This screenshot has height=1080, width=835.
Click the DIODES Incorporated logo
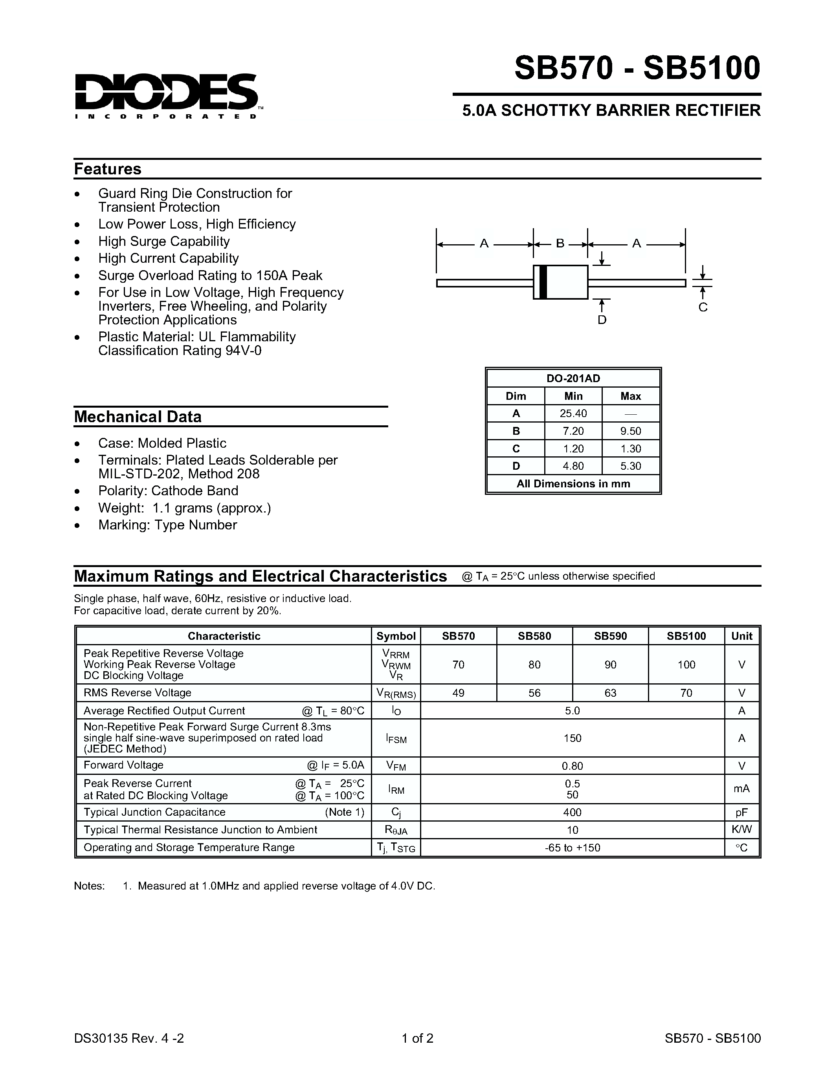tap(166, 95)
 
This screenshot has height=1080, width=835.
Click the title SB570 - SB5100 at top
tap(637, 68)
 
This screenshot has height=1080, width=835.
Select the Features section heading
tap(108, 169)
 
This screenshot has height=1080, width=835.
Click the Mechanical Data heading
tap(138, 417)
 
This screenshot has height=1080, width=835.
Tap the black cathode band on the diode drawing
tap(543, 282)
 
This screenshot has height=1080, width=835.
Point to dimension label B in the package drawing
tap(560, 243)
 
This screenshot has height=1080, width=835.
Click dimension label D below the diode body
tap(602, 320)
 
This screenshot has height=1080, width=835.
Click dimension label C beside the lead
tap(703, 307)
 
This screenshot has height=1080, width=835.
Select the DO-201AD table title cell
tap(573, 378)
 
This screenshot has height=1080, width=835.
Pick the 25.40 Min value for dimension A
tap(573, 414)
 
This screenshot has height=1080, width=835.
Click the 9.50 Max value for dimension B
tap(631, 431)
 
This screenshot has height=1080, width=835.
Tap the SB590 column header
tap(610, 636)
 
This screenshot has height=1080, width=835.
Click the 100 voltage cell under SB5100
tap(686, 664)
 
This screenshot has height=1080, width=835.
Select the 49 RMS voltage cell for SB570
tap(458, 693)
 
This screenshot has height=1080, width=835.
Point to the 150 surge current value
tap(573, 738)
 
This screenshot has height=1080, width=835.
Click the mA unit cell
tap(741, 789)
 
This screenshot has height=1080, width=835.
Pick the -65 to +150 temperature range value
tap(573, 848)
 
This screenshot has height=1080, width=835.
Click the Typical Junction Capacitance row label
tap(154, 812)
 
